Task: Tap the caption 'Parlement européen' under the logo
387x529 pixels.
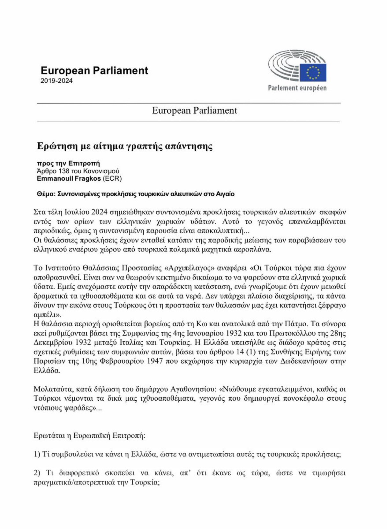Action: [297, 88]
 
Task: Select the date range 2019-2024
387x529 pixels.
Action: [56, 81]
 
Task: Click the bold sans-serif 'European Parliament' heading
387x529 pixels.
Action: [94, 70]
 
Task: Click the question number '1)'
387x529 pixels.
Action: [37, 454]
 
